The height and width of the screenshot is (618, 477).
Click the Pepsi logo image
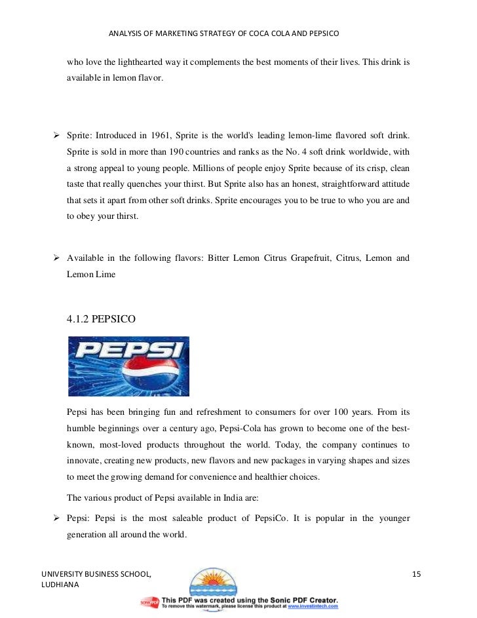click(x=128, y=366)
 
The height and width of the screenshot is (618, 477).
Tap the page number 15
click(x=416, y=575)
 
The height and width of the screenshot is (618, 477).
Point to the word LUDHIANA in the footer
click(x=59, y=585)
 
